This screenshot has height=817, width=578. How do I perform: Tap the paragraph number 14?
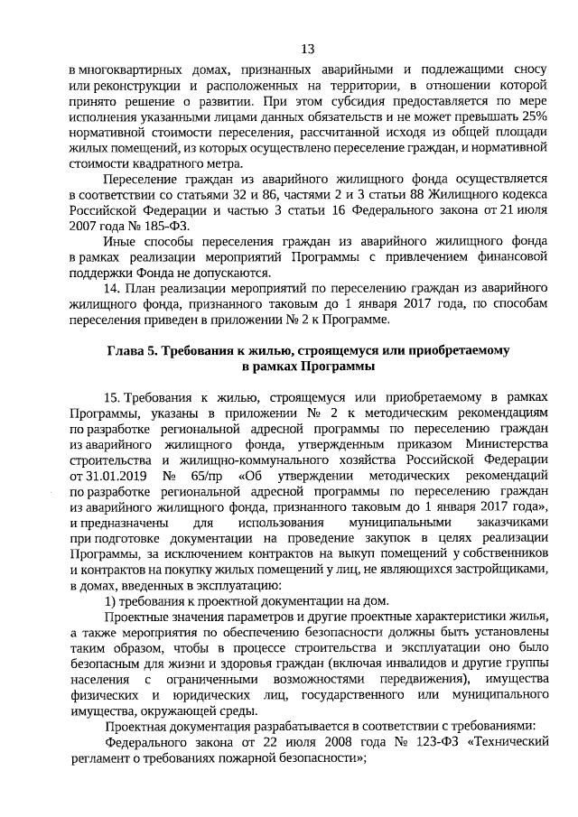coord(114,288)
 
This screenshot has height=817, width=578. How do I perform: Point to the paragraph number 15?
coord(114,396)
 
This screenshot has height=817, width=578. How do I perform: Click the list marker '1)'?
coord(112,600)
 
